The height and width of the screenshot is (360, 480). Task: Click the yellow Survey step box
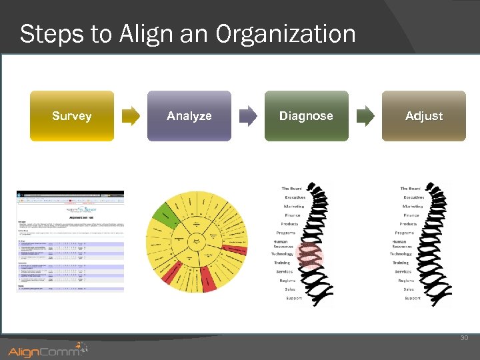[72, 116]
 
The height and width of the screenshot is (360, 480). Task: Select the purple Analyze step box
[189, 116]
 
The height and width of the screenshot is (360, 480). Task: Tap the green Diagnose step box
[306, 116]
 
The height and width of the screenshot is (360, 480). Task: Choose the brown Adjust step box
[423, 116]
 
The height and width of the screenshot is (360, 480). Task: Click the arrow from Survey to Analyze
[131, 116]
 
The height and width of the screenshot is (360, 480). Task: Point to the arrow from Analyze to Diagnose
[248, 116]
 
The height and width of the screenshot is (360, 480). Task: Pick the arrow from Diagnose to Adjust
[365, 116]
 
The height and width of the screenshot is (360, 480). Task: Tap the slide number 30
[464, 338]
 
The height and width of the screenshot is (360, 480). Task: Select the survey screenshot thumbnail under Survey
[70, 241]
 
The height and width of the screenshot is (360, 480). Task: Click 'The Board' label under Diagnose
[291, 189]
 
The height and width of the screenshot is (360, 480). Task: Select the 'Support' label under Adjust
[413, 298]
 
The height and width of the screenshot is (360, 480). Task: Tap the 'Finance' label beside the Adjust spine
[411, 215]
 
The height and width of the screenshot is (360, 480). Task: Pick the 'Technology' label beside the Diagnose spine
[282, 254]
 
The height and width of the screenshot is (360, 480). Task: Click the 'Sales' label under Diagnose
[290, 289]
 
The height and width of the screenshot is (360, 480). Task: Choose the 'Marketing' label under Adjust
[412, 207]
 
